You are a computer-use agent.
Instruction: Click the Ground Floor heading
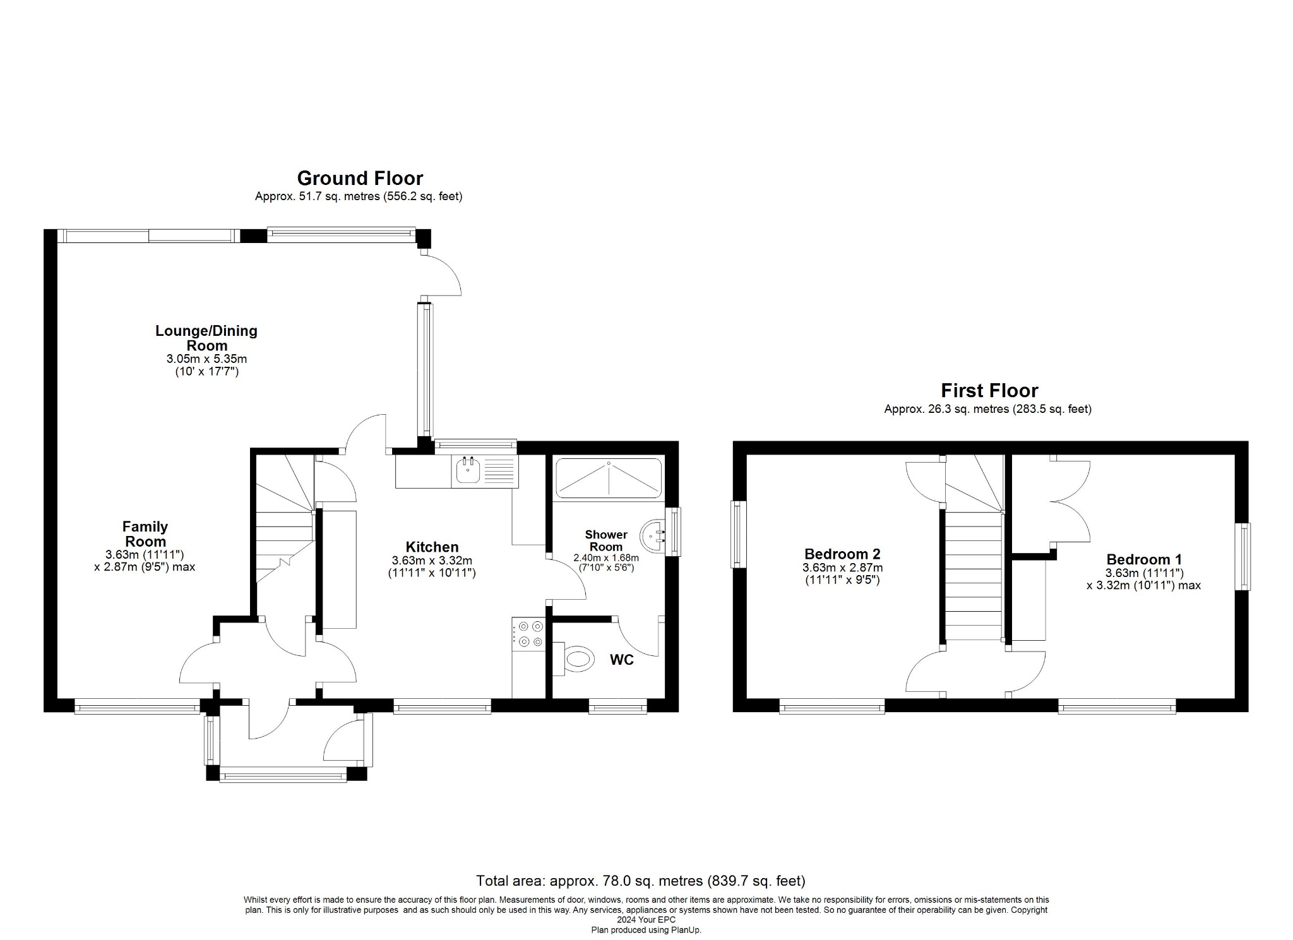click(360, 179)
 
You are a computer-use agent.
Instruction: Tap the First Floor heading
click(989, 391)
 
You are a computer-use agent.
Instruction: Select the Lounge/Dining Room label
click(206, 338)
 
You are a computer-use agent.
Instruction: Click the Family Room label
click(145, 533)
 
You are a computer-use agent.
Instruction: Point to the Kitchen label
click(432, 547)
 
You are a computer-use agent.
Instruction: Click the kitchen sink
click(468, 472)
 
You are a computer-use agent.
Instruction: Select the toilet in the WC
click(577, 660)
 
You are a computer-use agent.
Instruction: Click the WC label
click(621, 660)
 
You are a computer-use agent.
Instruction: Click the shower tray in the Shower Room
click(608, 478)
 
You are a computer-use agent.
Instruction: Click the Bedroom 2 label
click(842, 554)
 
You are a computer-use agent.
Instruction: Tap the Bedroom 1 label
click(1144, 559)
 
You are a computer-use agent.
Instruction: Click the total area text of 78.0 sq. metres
click(640, 881)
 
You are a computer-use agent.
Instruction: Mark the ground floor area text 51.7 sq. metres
click(359, 196)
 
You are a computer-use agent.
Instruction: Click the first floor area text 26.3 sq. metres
click(987, 409)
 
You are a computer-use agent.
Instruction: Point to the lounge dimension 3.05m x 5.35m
click(206, 359)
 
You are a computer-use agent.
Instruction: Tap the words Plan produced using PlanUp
click(646, 930)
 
